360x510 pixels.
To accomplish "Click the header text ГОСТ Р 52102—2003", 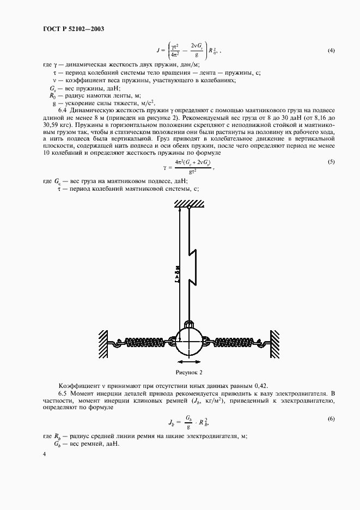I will (x=73, y=28).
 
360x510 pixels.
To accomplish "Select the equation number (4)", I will (x=331, y=51).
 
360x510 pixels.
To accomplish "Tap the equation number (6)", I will (x=331, y=418).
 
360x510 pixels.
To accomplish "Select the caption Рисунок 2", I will (x=188, y=373).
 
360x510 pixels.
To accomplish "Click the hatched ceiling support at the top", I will (x=188, y=203).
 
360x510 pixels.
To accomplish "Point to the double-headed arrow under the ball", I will (x=188, y=361).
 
